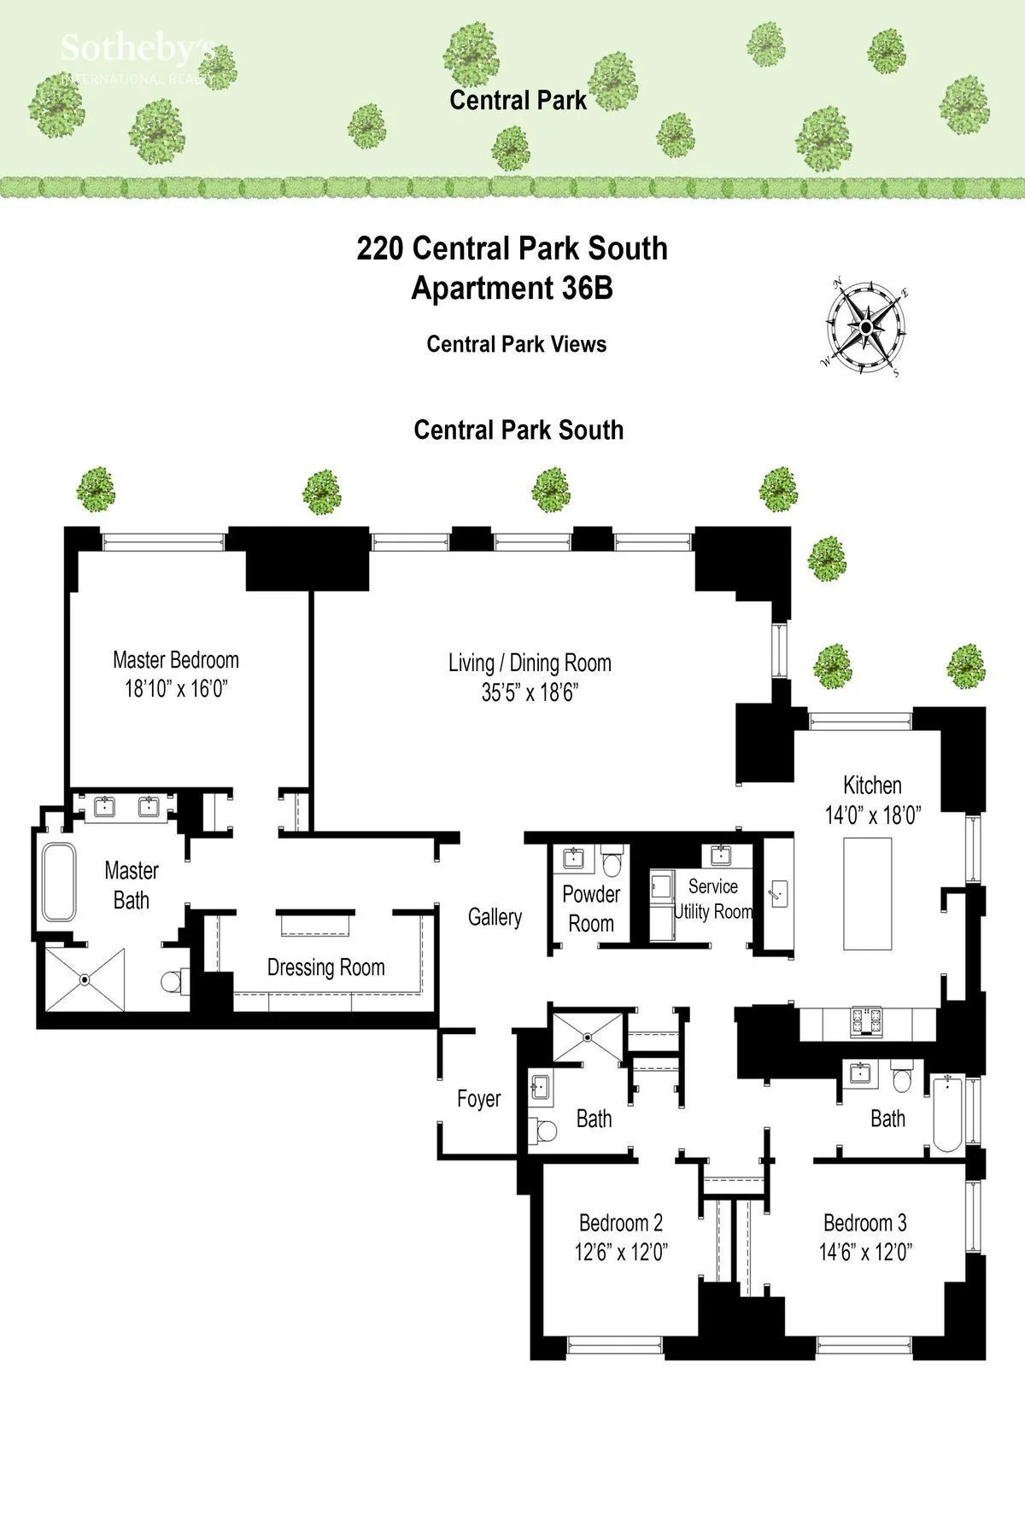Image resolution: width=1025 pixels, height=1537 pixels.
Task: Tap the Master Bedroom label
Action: point(175,660)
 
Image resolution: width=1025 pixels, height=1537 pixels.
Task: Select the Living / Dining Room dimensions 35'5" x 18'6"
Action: point(530,693)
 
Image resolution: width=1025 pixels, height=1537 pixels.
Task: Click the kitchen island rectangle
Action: point(868,893)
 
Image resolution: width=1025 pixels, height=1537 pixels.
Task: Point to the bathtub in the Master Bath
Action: point(59,882)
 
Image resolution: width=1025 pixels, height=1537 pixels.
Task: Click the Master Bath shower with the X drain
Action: point(85,979)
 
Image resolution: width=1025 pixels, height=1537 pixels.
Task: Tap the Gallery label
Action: point(495,917)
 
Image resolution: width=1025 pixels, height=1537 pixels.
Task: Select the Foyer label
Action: point(478,1099)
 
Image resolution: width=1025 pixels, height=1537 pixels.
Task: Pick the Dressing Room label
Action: point(325,967)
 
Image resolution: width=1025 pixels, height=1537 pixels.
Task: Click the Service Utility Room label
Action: point(713,899)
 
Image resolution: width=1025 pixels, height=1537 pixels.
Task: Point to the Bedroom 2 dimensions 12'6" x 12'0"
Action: point(621,1253)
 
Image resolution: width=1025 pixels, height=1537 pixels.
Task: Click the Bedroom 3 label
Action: point(864,1223)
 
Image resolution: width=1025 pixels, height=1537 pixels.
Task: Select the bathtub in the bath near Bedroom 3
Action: point(949,1113)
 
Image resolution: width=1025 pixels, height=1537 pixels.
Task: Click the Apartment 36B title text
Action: point(512,289)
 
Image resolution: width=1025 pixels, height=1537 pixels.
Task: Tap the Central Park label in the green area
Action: point(518,100)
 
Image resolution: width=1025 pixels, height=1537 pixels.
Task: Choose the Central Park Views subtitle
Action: point(516,344)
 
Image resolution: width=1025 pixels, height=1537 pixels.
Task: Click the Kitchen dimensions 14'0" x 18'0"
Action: point(872,815)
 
